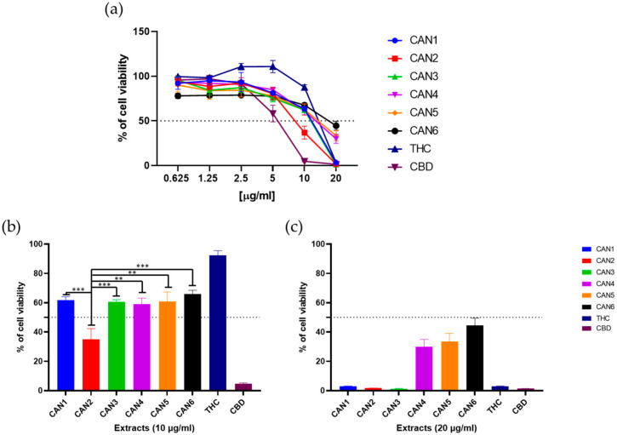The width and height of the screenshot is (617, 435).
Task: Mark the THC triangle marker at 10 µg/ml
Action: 304,87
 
